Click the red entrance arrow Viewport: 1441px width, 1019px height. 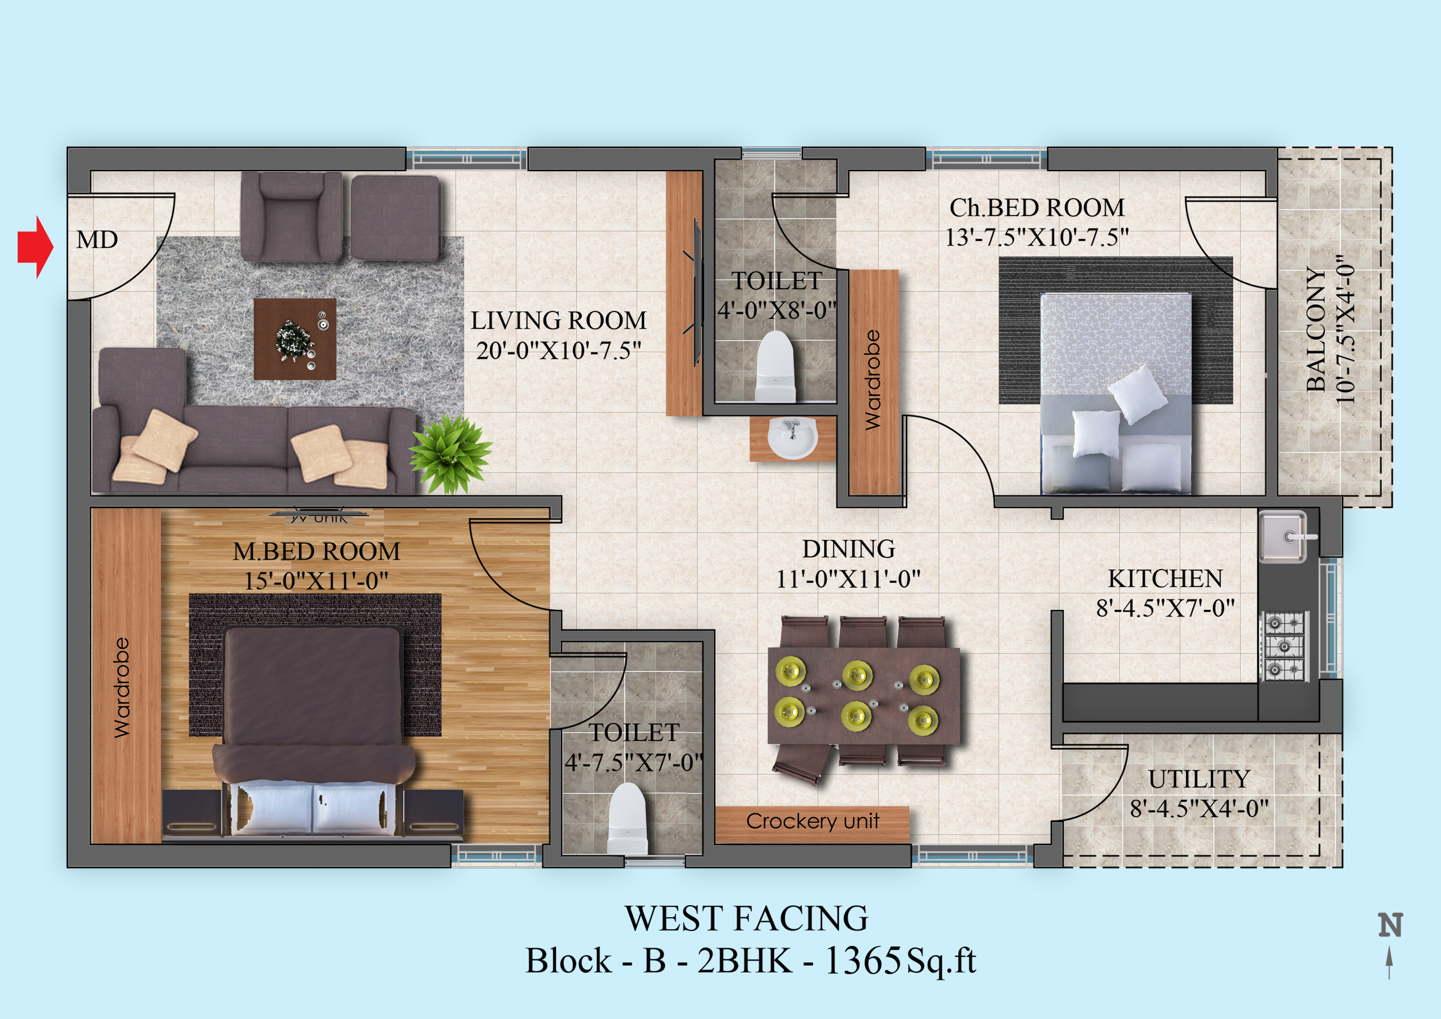click(x=36, y=247)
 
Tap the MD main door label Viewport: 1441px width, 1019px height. click(x=97, y=239)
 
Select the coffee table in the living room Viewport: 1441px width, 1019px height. click(x=295, y=339)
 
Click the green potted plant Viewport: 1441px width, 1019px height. click(x=451, y=453)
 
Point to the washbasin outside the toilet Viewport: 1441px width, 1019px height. click(x=793, y=438)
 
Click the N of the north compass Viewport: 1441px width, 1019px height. click(x=1390, y=925)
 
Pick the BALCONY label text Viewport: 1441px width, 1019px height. click(x=1316, y=330)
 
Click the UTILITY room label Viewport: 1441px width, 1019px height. click(x=1199, y=779)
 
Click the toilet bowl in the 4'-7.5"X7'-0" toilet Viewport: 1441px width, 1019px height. click(x=628, y=818)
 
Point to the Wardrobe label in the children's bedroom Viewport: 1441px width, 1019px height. click(x=872, y=380)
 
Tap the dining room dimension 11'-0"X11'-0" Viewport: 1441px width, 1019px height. click(x=849, y=578)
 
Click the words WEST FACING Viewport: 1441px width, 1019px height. click(x=746, y=919)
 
